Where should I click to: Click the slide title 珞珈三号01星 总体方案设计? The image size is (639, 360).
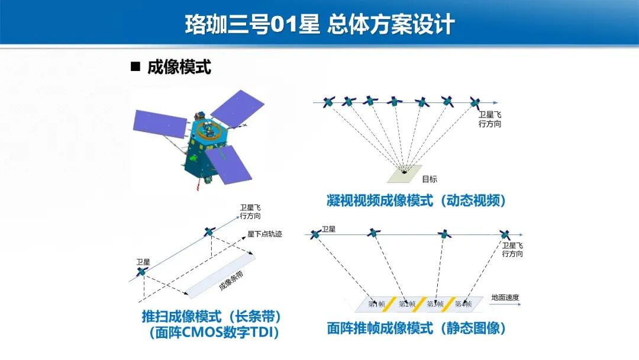(319, 25)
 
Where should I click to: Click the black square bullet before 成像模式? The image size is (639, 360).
(135, 67)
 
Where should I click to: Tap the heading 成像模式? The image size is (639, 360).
(179, 67)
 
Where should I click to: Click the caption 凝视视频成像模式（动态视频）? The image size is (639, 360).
(417, 201)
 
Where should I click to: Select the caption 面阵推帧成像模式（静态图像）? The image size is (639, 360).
(417, 327)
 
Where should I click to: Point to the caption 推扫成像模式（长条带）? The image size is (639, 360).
(211, 316)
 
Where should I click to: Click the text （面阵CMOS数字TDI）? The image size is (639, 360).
(211, 333)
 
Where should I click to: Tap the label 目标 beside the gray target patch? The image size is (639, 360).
(430, 179)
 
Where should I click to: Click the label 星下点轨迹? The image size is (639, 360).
(264, 234)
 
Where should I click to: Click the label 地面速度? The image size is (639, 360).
(504, 297)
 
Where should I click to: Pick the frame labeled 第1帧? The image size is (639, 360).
(376, 304)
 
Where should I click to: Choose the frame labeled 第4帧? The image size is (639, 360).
(463, 304)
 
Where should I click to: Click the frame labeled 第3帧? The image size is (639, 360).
(435, 304)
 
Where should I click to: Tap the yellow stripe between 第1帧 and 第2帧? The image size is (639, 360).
(392, 304)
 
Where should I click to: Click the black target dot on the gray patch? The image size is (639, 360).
(405, 172)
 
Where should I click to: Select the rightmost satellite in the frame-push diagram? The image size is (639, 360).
(504, 234)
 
